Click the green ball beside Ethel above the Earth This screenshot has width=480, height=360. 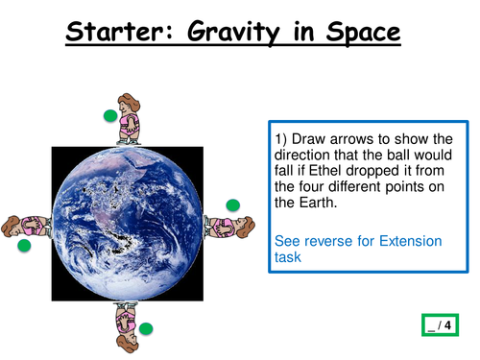[110, 116]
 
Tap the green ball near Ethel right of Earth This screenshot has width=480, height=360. [232, 204]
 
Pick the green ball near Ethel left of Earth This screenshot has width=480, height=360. [25, 247]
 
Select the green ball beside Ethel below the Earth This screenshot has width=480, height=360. [146, 329]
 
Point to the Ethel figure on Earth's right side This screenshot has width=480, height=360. [230, 227]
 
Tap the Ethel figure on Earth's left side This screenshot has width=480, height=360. [27, 227]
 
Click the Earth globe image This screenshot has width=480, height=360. [128, 222]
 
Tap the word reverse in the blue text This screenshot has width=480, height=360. [331, 241]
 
